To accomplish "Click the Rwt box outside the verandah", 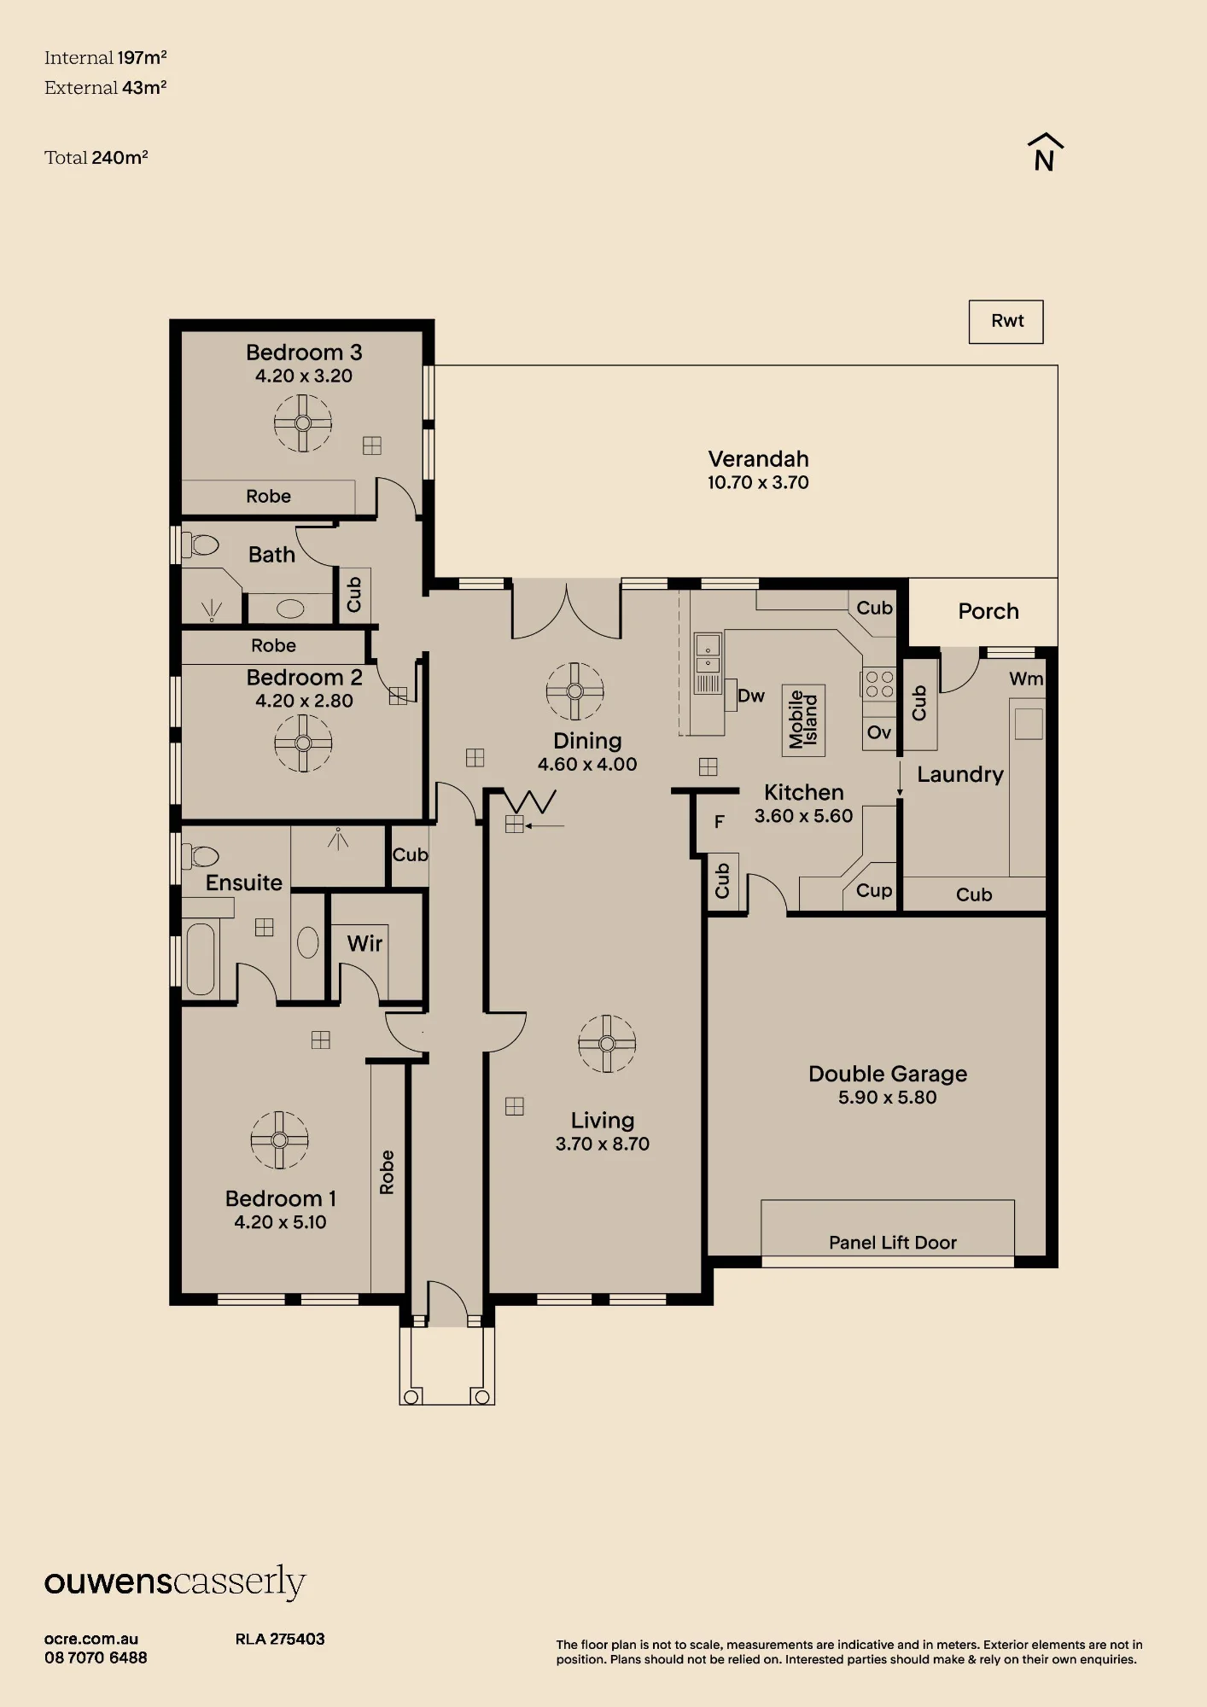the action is point(1006,322).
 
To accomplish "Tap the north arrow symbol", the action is point(1045,153).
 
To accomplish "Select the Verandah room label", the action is point(758,459).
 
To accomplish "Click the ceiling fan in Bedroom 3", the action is point(303,423).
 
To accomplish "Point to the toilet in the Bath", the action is point(201,544).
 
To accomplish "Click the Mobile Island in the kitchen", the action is point(803,720).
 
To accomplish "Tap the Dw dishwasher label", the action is point(751,696).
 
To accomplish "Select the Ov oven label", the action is point(879,732).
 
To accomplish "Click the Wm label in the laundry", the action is point(1026,679).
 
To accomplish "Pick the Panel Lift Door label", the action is point(893,1243).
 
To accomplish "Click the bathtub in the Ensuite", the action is point(201,958).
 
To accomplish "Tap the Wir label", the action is point(364,943).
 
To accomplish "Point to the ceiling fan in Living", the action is point(607,1043).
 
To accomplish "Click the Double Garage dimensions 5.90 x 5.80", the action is point(888,1098).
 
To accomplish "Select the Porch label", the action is point(988,611).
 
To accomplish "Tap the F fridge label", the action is point(720,822).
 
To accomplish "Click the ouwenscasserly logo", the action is point(175,1582).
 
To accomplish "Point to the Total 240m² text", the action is point(96,158).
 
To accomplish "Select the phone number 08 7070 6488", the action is point(96,1658).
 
